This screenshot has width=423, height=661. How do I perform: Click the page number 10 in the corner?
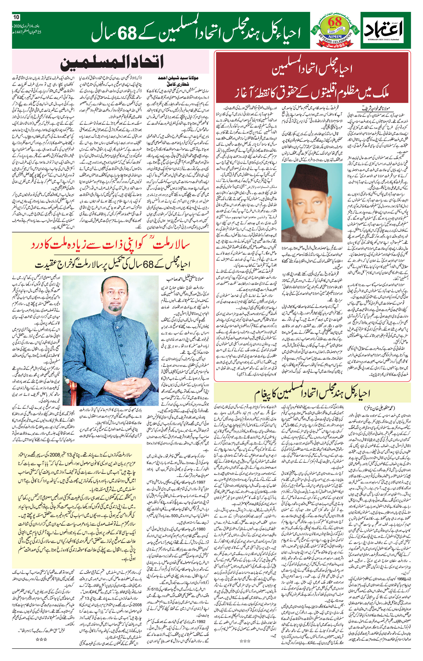coord(16,17)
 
